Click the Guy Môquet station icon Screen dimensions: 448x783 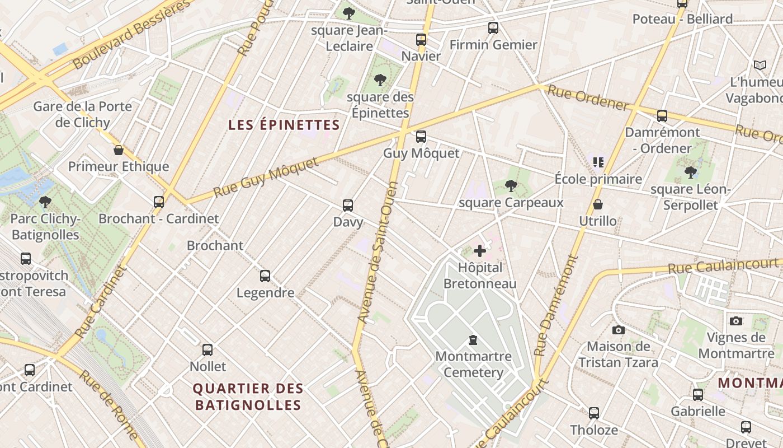pyautogui.click(x=421, y=137)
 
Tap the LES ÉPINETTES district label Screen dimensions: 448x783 pyautogui.click(x=284, y=125)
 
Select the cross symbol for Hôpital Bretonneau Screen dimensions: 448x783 pyautogui.click(x=480, y=251)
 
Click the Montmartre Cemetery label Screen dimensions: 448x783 pyautogui.click(x=473, y=365)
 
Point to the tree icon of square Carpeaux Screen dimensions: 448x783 pyautogui.click(x=511, y=186)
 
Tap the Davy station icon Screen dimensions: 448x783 pyautogui.click(x=348, y=206)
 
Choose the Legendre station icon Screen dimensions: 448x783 pyautogui.click(x=265, y=276)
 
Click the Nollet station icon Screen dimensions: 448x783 pyautogui.click(x=207, y=350)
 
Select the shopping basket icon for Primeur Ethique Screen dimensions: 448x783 pyautogui.click(x=119, y=150)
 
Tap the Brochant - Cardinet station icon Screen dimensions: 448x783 pyautogui.click(x=159, y=202)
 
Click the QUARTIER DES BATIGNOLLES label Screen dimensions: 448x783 pyautogui.click(x=248, y=396)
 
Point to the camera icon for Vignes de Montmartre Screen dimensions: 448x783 pyautogui.click(x=736, y=321)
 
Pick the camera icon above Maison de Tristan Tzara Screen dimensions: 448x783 pyautogui.click(x=618, y=330)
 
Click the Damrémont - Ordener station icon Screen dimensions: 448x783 pyautogui.click(x=662, y=116)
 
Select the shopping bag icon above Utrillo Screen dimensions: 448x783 pyautogui.click(x=598, y=204)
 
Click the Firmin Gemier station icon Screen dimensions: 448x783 pyautogui.click(x=493, y=28)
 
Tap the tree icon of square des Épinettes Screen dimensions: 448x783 pyautogui.click(x=380, y=80)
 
